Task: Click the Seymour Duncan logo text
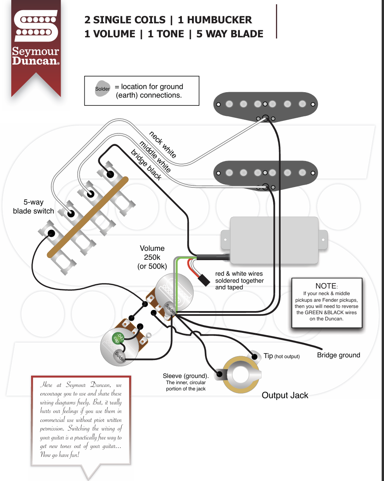(36, 56)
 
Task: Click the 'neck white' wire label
(162, 144)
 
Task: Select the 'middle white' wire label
(155, 156)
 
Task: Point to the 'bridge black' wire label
(146, 164)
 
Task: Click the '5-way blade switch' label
(33, 206)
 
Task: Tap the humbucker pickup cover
(274, 240)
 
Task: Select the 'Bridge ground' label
(339, 355)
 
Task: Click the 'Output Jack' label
(285, 395)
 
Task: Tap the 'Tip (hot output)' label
(281, 356)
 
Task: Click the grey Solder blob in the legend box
(103, 89)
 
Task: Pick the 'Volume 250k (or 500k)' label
(152, 257)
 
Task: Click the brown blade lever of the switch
(87, 217)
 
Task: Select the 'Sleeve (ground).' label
(186, 376)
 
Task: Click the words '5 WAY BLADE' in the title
(230, 34)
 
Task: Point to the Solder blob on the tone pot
(120, 356)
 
